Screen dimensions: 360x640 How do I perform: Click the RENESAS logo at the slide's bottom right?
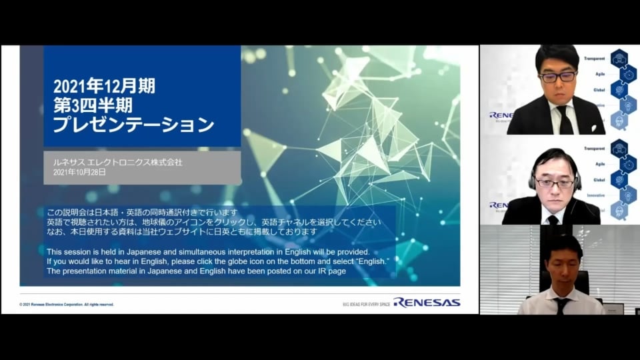coord(427,302)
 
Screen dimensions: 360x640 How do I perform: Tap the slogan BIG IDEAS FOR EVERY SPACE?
coord(365,303)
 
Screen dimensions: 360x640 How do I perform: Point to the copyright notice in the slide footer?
coord(67,304)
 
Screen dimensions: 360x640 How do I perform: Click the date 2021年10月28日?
coord(79,172)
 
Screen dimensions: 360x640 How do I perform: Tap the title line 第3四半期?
coord(93,105)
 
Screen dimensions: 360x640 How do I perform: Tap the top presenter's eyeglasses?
coord(558,77)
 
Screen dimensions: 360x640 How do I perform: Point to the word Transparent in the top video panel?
coord(594,58)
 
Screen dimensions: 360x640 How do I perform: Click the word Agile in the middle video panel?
coord(599,163)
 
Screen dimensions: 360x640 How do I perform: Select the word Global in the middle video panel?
coord(598,179)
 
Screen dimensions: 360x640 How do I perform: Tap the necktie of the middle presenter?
coord(553,219)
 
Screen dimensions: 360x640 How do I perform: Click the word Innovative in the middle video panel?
coord(595,195)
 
